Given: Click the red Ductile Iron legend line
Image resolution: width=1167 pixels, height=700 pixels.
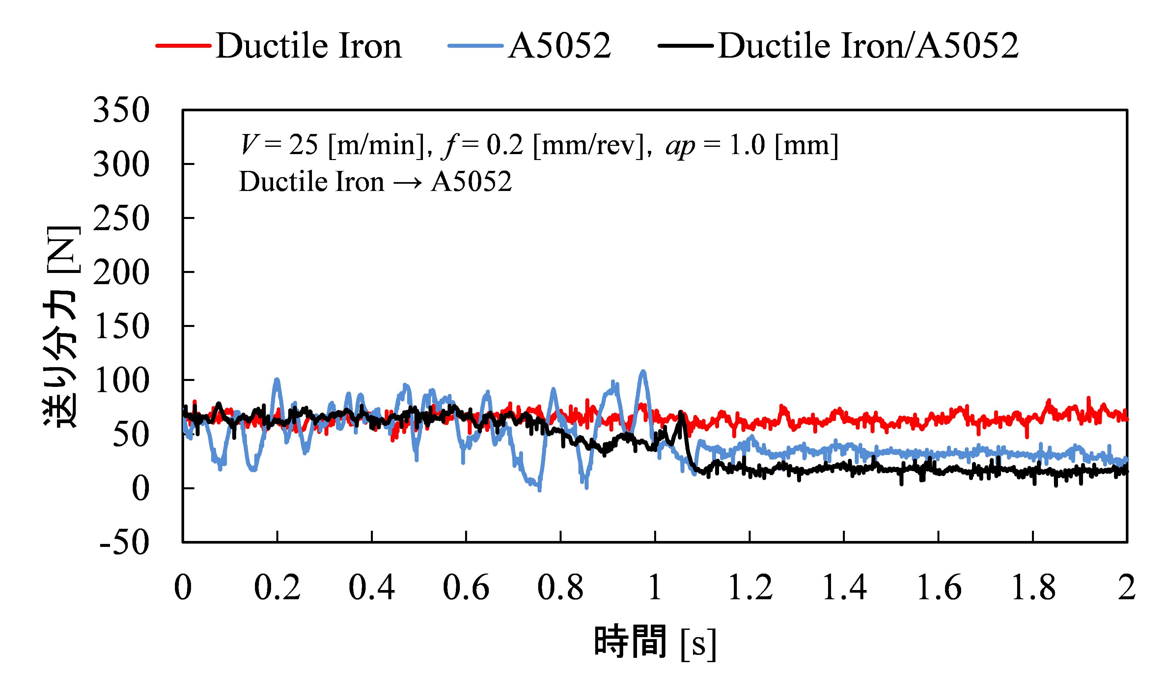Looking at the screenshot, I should (183, 46).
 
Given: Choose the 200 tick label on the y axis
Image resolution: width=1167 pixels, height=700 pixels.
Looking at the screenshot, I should (121, 273).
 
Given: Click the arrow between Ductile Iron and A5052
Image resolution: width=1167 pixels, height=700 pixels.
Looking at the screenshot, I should (407, 182).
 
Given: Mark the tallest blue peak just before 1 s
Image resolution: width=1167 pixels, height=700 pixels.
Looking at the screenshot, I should (643, 372).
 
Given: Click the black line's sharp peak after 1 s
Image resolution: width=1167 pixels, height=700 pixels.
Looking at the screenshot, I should (681, 413).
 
